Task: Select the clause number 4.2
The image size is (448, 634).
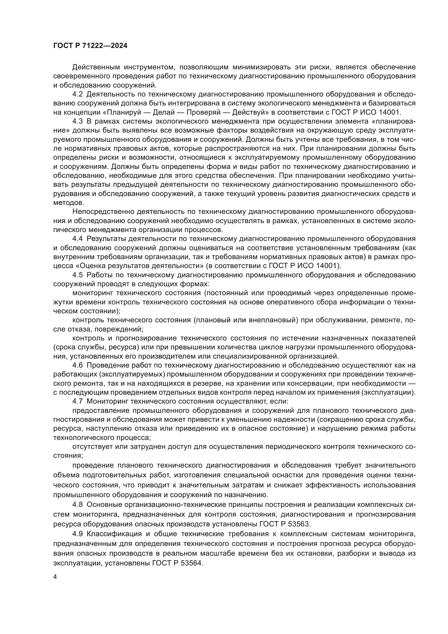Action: click(x=77, y=94)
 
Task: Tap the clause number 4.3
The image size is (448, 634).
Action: click(x=77, y=121)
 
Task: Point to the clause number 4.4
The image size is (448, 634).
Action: click(x=77, y=239)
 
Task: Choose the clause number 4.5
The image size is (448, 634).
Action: click(x=77, y=275)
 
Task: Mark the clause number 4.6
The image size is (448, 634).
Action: click(x=77, y=365)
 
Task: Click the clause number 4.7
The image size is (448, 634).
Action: click(x=77, y=401)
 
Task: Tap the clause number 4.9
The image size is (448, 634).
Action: click(x=77, y=534)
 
